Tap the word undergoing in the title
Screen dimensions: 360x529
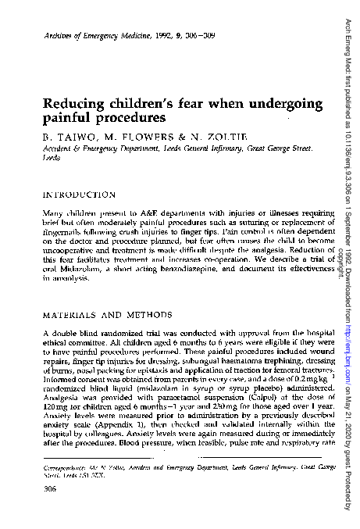266,105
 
